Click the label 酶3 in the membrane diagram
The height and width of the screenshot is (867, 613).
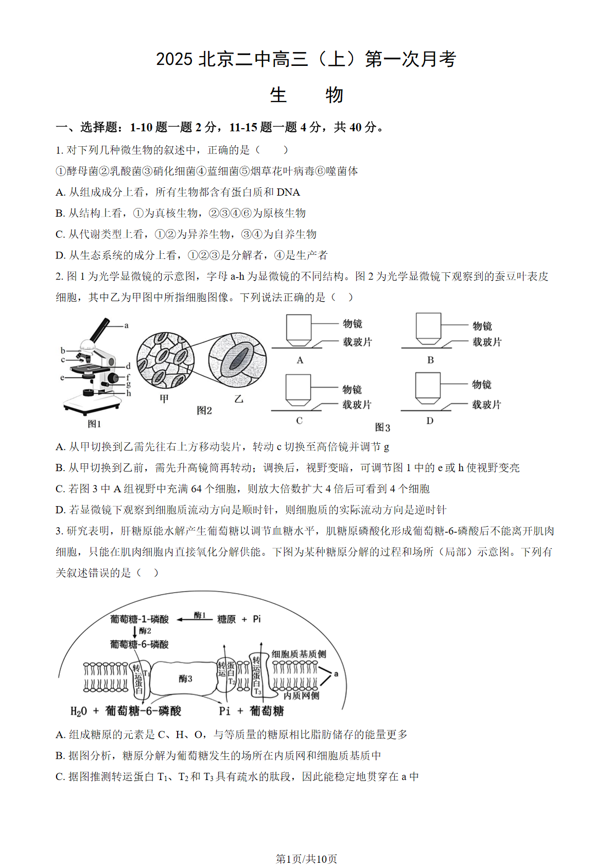tap(185, 679)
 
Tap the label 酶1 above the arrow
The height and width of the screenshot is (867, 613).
tap(200, 615)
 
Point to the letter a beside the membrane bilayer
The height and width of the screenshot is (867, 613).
tap(336, 674)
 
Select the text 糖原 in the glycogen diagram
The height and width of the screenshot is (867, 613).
tap(226, 619)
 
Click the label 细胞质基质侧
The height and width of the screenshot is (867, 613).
tap(299, 654)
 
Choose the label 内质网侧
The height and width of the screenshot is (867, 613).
tap(301, 696)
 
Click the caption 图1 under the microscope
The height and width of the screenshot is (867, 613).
tap(94, 424)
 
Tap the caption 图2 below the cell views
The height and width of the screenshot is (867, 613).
tap(204, 410)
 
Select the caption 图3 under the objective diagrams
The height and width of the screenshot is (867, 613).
tap(382, 427)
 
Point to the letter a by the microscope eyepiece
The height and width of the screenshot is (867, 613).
tap(127, 325)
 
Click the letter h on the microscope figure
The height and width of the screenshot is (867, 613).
tap(129, 393)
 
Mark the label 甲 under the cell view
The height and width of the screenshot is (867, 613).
tap(164, 398)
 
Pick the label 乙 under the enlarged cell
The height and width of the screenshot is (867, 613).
tap(238, 398)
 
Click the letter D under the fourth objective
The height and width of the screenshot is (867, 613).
tap(430, 421)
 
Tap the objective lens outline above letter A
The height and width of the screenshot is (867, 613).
tap(299, 330)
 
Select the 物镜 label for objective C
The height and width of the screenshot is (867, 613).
tap(352, 389)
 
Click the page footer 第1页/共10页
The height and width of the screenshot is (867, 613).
tap(306, 859)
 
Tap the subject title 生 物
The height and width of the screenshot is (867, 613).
tap(306, 95)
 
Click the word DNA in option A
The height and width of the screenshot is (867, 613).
tap(288, 192)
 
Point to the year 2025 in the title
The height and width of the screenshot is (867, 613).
tap(174, 59)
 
